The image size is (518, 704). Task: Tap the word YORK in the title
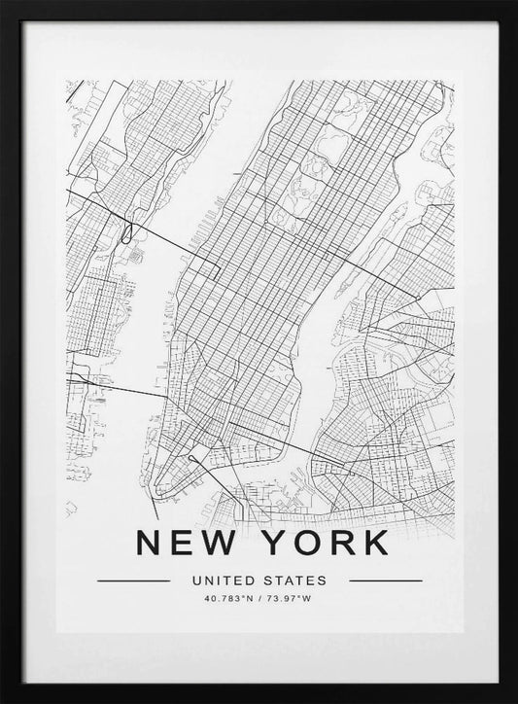[325, 543]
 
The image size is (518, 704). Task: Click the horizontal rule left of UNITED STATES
[135, 581]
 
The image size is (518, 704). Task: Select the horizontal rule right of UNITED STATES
[385, 581]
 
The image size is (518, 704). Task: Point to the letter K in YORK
[377, 543]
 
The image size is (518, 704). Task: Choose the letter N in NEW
[150, 543]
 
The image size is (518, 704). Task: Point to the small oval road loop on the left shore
[128, 231]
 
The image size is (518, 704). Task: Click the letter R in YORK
[341, 543]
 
